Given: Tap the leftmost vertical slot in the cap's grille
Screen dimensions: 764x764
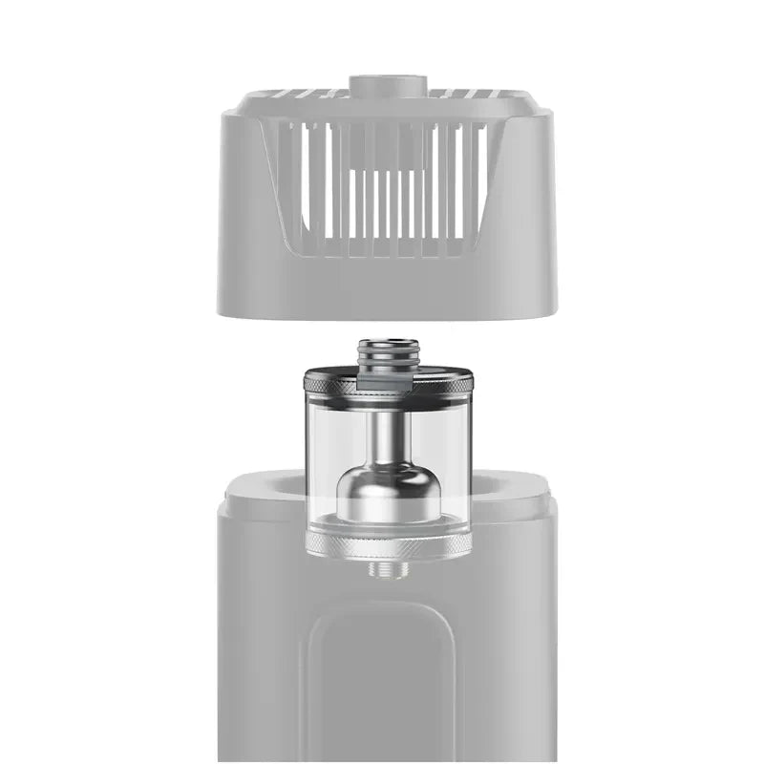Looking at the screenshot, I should [308, 181].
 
